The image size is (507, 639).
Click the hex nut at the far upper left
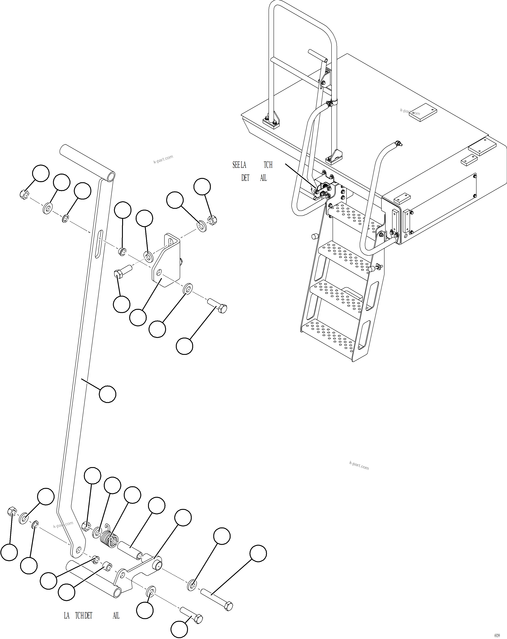coord(25,195)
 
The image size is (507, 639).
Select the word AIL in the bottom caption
coord(116,616)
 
